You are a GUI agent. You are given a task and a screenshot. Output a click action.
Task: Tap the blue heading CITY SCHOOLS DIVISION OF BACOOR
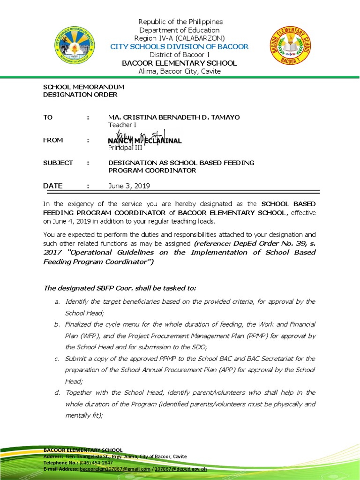tap(180, 46)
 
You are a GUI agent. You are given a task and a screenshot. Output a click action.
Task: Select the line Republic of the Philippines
tap(180, 22)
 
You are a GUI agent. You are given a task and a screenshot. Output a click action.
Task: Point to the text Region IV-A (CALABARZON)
tap(180, 38)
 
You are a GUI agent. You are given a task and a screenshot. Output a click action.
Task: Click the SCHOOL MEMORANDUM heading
tap(83, 87)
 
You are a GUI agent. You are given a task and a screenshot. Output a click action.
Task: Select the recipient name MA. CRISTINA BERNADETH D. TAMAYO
tap(174, 117)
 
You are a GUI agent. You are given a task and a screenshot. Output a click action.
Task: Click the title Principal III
tap(125, 148)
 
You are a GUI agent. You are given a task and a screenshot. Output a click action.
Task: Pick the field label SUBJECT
tap(58, 163)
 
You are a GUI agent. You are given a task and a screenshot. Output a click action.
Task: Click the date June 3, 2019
tap(129, 186)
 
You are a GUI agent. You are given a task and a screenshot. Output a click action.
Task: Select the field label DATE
tap(52, 186)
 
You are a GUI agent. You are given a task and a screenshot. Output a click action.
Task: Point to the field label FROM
tap(53, 140)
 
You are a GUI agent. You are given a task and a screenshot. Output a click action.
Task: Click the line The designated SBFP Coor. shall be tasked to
tap(120, 287)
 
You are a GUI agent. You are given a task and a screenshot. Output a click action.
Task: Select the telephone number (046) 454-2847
tap(97, 462)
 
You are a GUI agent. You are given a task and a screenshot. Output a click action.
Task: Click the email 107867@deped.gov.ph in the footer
tap(180, 469)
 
